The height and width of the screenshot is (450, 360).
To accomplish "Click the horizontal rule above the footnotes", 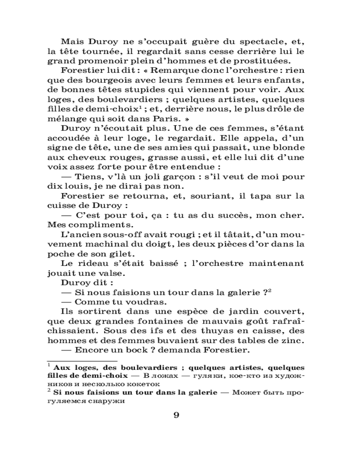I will coord(82,360).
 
